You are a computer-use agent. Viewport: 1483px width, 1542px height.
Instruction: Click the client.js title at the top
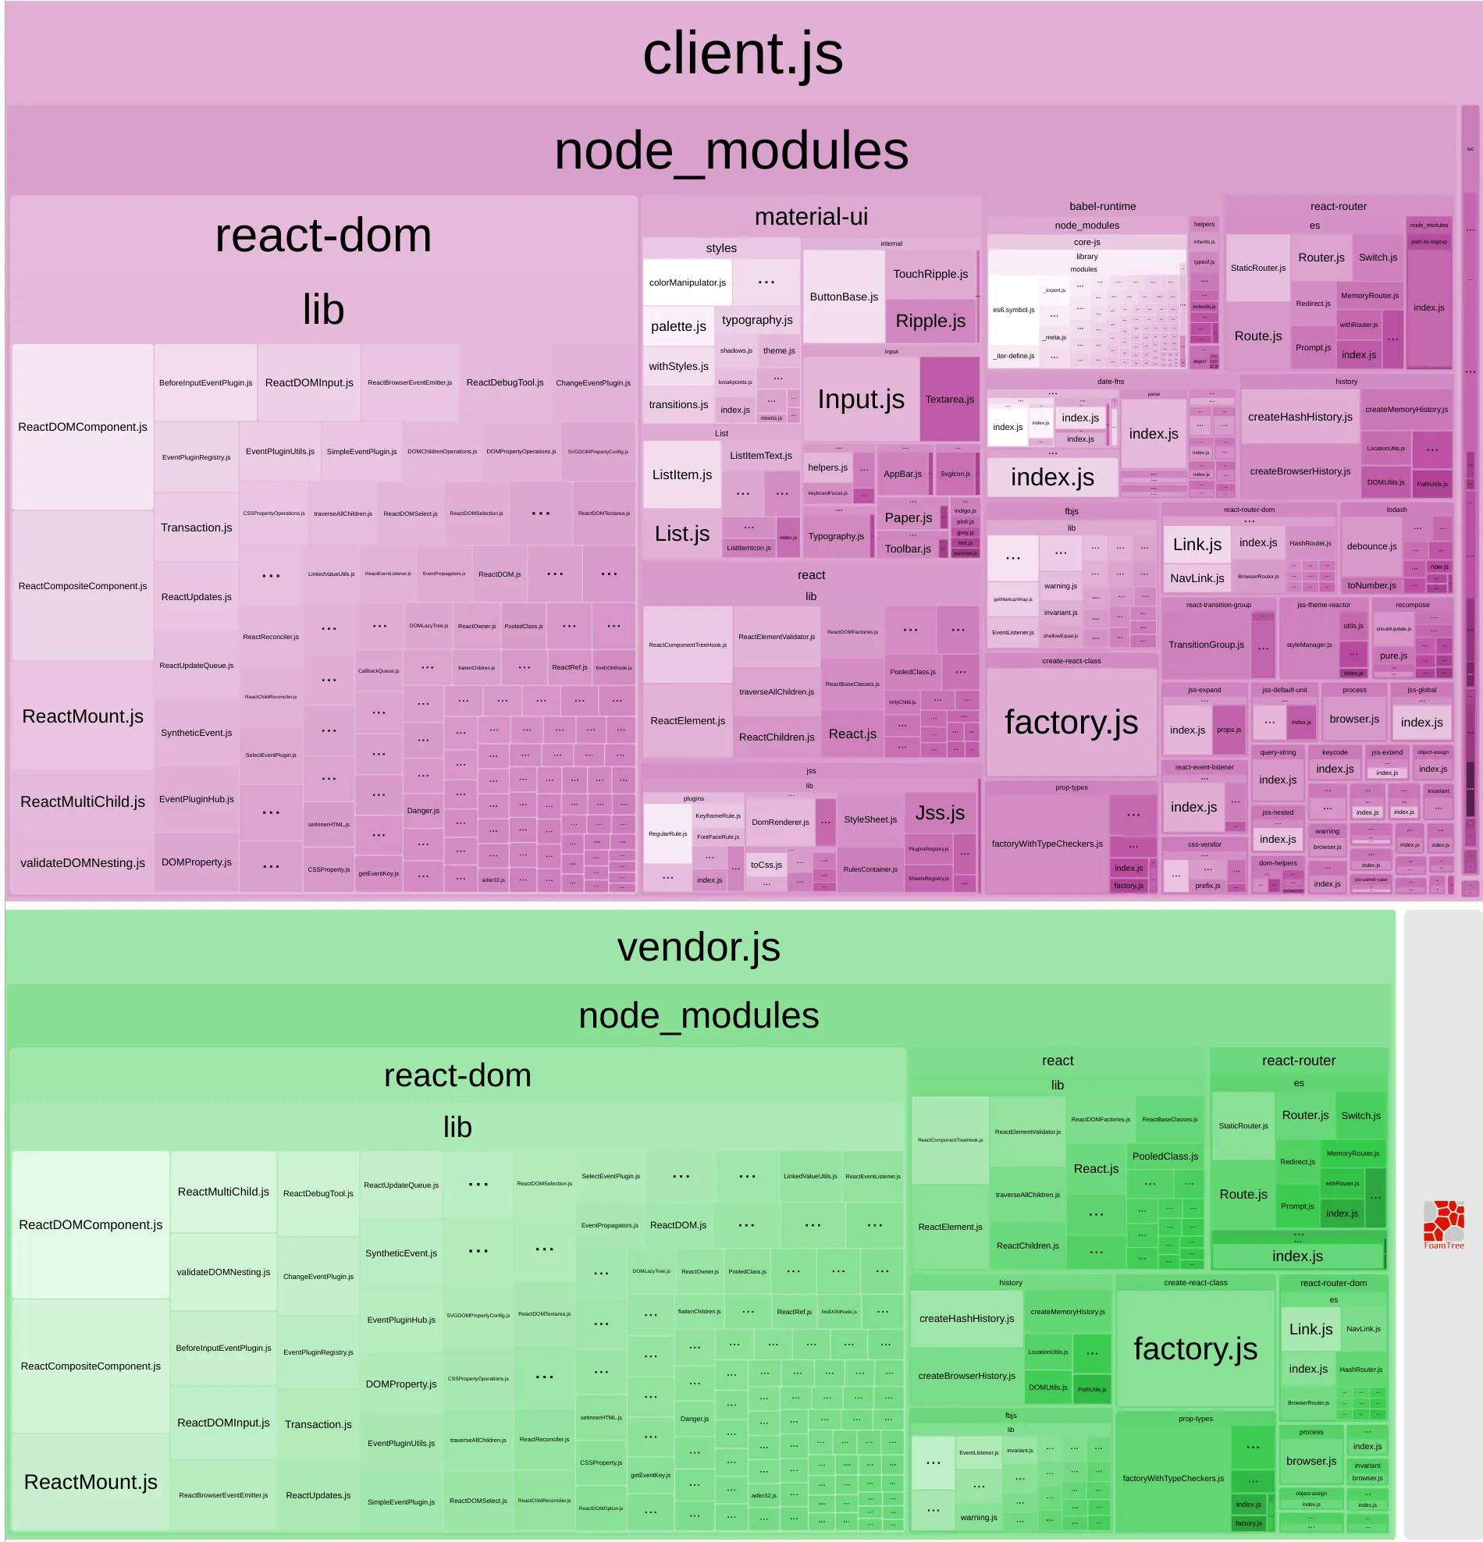pos(742,54)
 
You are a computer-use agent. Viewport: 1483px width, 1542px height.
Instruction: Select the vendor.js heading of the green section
pos(698,947)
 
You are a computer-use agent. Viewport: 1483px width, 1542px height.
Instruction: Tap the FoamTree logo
pos(1443,1224)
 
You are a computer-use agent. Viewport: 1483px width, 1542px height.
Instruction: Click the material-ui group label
pos(810,216)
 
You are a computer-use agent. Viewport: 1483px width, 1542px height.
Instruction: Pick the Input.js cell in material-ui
pos(861,399)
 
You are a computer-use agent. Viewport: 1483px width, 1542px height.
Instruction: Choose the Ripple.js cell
pos(930,321)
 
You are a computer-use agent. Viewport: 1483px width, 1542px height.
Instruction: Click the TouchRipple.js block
pos(930,274)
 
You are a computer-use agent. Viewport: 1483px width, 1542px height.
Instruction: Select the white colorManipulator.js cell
pos(687,282)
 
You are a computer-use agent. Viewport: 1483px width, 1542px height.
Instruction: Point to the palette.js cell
pos(678,326)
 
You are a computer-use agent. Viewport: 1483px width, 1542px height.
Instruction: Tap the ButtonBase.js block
pos(844,297)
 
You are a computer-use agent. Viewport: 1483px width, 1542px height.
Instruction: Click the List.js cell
pos(681,534)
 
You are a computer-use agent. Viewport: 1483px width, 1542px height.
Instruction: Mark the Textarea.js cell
pos(949,399)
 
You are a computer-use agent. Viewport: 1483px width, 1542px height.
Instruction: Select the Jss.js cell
pos(940,812)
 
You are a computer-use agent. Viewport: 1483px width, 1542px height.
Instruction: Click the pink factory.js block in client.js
pos(1071,721)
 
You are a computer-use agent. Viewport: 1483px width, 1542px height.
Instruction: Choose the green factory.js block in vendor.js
pos(1194,1348)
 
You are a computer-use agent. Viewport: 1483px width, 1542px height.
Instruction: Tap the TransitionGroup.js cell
pos(1205,645)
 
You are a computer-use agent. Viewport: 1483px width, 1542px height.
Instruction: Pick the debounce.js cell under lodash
pos(1371,546)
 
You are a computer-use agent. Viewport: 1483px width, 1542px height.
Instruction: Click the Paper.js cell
pos(908,517)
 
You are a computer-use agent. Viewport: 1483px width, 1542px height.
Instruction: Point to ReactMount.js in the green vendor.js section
pos(91,1482)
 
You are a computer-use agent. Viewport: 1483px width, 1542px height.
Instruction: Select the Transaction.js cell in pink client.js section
pos(196,527)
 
